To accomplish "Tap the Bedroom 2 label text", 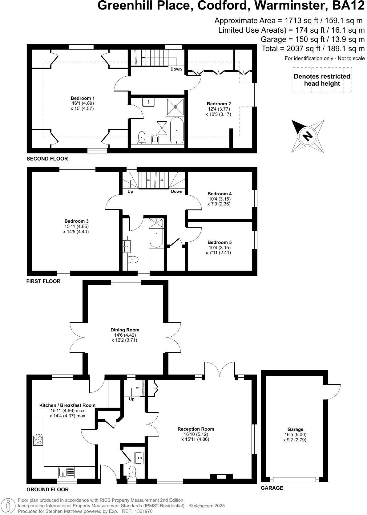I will pyautogui.click(x=219, y=104).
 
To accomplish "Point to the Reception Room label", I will pyautogui.click(x=196, y=429).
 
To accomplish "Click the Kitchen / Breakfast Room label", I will pyautogui.click(x=67, y=405).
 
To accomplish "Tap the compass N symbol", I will pyautogui.click(x=307, y=136).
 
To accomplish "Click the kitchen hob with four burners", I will pyautogui.click(x=38, y=439).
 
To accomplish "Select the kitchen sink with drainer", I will pyautogui.click(x=67, y=472).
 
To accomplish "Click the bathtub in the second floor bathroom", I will pyautogui.click(x=177, y=130).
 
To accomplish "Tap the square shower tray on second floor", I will pyautogui.click(x=175, y=107).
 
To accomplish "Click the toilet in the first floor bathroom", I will pyautogui.click(x=133, y=260).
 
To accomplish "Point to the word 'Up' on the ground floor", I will pyautogui.click(x=131, y=399).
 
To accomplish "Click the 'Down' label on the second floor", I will pyautogui.click(x=176, y=69).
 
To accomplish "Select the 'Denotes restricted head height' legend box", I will pyautogui.click(x=322, y=80).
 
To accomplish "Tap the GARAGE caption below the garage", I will pyautogui.click(x=272, y=488).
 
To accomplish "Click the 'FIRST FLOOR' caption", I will pyautogui.click(x=43, y=281).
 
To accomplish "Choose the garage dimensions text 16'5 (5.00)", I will pyautogui.click(x=295, y=435).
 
